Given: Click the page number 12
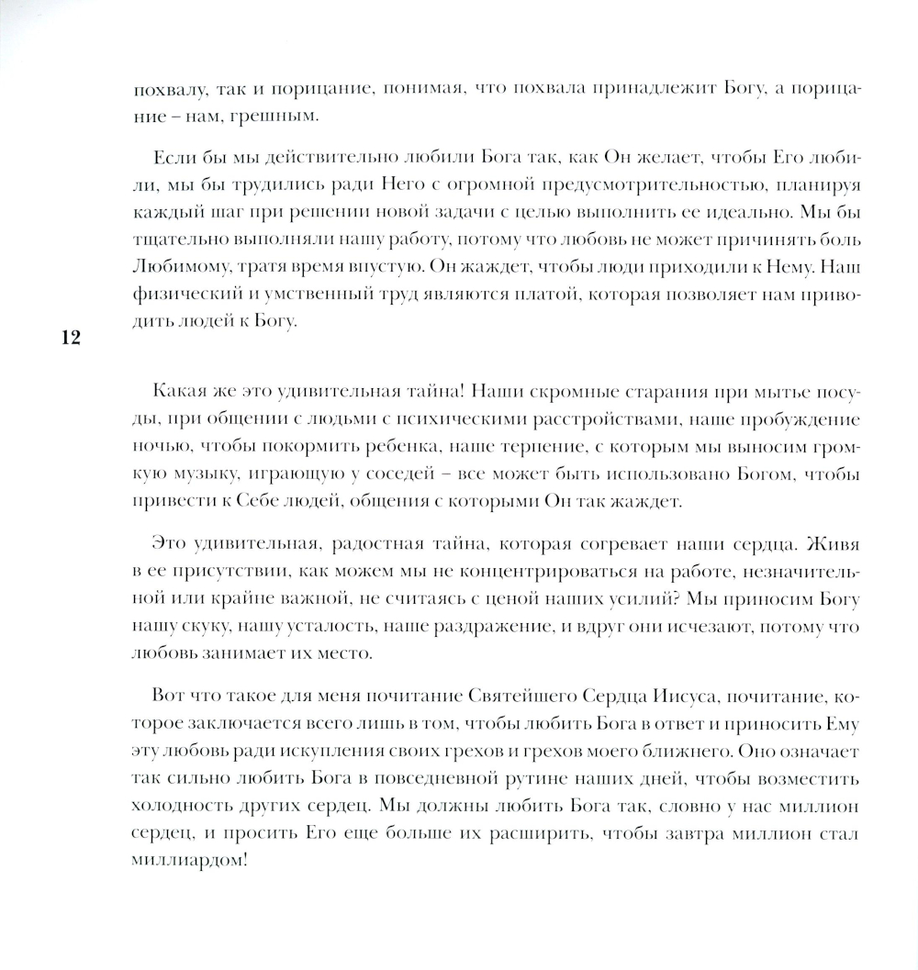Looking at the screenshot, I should tap(70, 338).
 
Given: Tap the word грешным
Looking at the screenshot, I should tap(286, 117).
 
